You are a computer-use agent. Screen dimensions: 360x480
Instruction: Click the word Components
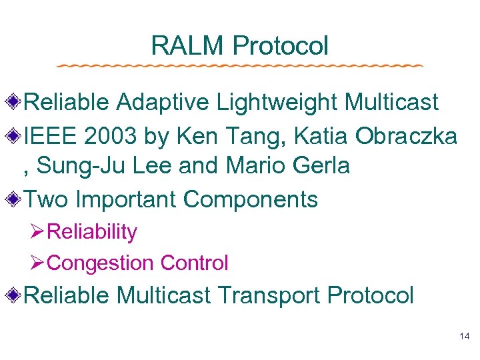[250, 199]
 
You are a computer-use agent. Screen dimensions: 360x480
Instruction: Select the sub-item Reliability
[93, 232]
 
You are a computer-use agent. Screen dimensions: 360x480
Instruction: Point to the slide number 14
[465, 337]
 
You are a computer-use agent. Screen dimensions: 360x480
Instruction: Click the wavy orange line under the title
[240, 66]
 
